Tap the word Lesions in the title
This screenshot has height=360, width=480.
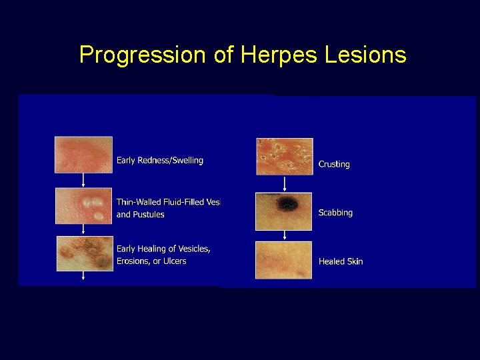(x=365, y=55)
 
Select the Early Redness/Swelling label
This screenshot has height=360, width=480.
(x=160, y=161)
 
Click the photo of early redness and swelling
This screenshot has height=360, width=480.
(x=83, y=155)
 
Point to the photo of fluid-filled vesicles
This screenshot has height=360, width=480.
(x=83, y=205)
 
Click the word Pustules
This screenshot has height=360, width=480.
(x=148, y=215)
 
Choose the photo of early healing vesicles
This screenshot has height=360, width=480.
(x=84, y=253)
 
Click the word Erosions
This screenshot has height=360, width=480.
(x=133, y=261)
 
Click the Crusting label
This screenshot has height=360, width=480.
(x=334, y=164)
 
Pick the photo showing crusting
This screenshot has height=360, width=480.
(x=284, y=156)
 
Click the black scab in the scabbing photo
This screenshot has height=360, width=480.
(x=289, y=204)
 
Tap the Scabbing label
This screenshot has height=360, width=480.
(x=335, y=213)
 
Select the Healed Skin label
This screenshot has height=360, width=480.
(x=341, y=261)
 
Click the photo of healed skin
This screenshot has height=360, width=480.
(x=284, y=260)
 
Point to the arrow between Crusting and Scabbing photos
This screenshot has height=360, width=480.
(x=285, y=183)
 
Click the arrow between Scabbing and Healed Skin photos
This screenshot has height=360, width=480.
(x=285, y=235)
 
